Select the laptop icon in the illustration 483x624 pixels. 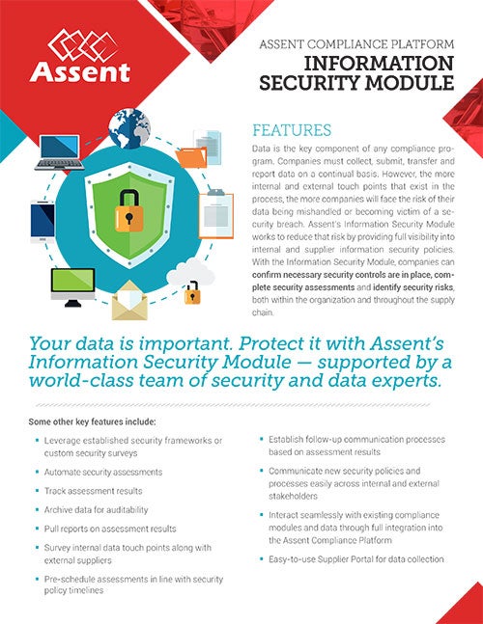click(x=59, y=152)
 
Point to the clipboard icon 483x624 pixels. click(x=216, y=215)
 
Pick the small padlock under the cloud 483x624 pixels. click(x=192, y=290)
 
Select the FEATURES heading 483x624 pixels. click(x=292, y=130)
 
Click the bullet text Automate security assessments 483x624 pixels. click(x=102, y=473)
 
